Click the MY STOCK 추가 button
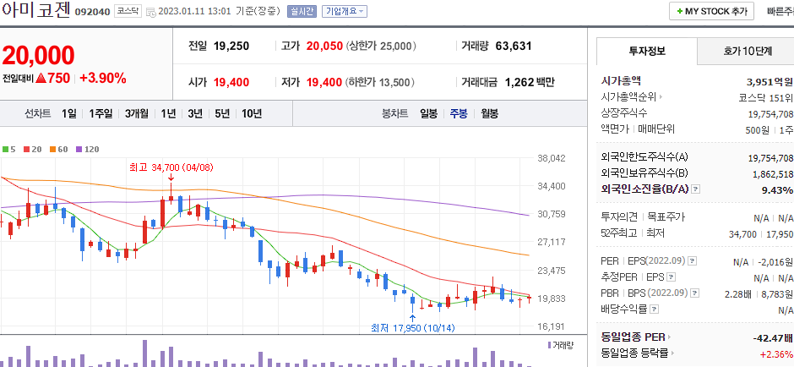711,11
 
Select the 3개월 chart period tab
137,113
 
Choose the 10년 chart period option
251,113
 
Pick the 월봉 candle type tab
489,113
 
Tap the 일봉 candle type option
428,113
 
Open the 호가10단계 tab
747,51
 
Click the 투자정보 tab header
647,51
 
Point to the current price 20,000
38,56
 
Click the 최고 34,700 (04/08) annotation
166,167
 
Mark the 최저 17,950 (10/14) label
412,327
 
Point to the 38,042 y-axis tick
551,158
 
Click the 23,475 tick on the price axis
551,271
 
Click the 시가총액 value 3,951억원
770,82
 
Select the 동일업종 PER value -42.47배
773,337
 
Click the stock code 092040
91,12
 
